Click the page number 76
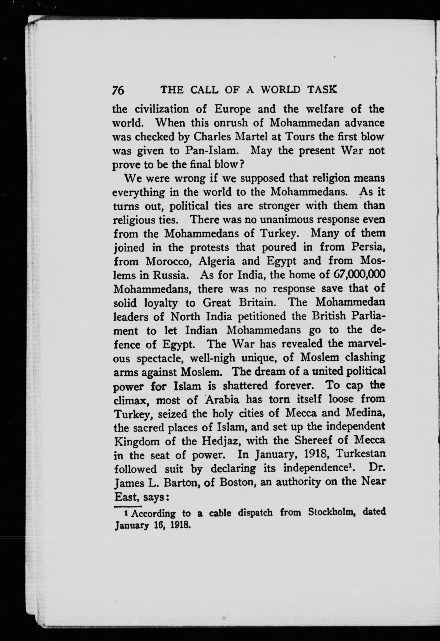click(118, 90)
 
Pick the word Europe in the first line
click(232, 109)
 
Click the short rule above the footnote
click(127, 506)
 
